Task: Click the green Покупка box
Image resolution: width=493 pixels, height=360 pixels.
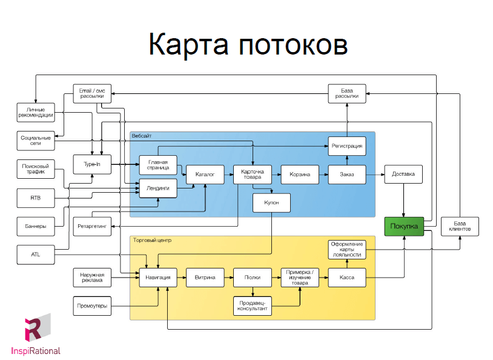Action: pos(403,226)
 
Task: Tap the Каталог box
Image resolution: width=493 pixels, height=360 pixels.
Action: pos(205,175)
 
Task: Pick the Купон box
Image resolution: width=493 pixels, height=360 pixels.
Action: pos(271,202)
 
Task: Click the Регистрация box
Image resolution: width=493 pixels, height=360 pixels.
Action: pos(347,146)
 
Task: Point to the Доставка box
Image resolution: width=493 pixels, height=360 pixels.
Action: pos(403,175)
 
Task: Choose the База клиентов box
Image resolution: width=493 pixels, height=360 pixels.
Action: pos(460,226)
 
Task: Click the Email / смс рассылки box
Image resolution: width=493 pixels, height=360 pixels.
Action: pos(92,93)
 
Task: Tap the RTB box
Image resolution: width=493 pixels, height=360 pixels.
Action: pos(35,197)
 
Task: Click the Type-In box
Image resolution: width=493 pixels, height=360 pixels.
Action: pos(92,164)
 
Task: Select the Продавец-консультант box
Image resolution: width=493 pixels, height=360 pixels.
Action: pos(253,306)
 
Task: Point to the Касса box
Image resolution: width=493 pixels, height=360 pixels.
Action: pos(347,278)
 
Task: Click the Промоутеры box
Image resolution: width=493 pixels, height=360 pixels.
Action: pos(92,305)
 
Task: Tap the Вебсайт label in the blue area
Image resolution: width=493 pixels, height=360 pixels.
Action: pos(141,136)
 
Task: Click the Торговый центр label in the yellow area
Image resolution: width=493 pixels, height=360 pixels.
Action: pos(152,240)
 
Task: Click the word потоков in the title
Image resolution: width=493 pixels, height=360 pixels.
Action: pos(293,45)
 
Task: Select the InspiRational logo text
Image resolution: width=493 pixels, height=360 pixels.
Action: pos(36,350)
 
